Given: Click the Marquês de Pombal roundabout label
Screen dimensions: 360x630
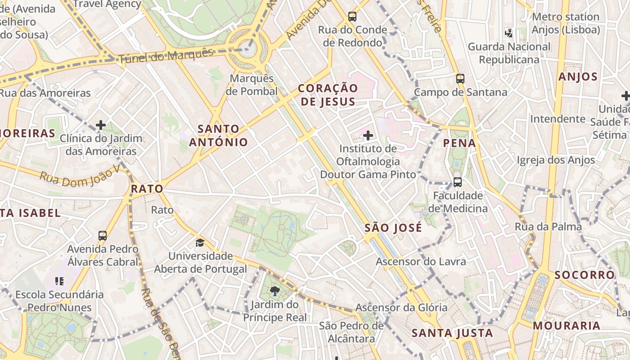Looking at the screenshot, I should (x=252, y=85).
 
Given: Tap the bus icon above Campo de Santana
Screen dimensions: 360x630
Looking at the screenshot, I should (x=460, y=79).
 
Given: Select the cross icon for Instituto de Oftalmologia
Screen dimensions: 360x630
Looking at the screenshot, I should (x=368, y=135).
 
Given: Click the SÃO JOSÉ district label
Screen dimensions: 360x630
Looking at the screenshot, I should (x=393, y=228).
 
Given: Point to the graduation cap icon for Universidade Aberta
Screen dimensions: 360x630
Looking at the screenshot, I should (x=200, y=243).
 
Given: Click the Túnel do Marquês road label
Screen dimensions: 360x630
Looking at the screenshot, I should (x=166, y=56).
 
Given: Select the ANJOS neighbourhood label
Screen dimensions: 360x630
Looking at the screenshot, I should (x=578, y=77).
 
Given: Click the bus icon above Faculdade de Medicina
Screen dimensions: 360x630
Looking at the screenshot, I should (x=457, y=182).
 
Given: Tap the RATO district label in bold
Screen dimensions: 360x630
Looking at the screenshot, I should (x=147, y=189).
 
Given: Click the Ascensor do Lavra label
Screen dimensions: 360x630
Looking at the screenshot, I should (x=421, y=262).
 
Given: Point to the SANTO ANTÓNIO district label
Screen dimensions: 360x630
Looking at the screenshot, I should (x=219, y=135).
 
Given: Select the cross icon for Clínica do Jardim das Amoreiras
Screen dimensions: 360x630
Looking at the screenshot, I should (x=101, y=125).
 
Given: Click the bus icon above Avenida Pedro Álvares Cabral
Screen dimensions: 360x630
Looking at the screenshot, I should (x=103, y=235).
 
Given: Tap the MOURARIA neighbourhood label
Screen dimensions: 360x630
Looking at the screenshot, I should (x=567, y=326).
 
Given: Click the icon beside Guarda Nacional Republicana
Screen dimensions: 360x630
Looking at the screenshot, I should (x=509, y=33).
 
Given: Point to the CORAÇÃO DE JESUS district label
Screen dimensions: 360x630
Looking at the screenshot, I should (x=328, y=94).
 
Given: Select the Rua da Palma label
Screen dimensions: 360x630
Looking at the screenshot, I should (x=548, y=227).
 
